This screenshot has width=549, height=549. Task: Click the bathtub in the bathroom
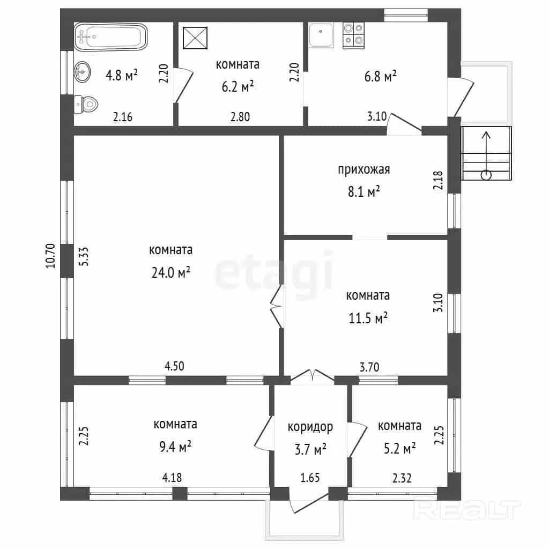coord(110,36)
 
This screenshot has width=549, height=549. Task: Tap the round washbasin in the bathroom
coord(82,72)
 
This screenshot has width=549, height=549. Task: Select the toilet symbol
coord(86,104)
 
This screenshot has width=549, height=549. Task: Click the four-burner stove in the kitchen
coord(354,35)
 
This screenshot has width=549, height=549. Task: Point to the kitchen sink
coord(321,35)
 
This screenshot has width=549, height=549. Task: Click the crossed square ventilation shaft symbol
coord(195,38)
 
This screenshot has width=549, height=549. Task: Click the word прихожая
coord(364,170)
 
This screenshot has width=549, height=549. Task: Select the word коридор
coord(310,427)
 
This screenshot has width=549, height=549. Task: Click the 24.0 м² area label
coord(171,272)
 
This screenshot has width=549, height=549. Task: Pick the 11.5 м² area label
coord(368,318)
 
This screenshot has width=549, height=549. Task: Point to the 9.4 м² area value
coord(175,447)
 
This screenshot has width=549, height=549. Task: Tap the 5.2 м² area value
coord(399,448)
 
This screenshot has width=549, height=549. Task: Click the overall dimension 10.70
coord(51,256)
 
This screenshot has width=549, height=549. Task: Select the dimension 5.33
coord(84,257)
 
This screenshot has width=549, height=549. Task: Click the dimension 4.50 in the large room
coord(174,366)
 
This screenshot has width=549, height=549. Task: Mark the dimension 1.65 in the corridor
coord(310,478)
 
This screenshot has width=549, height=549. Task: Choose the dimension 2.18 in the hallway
coord(439,180)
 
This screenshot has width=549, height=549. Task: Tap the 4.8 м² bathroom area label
coord(122,75)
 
